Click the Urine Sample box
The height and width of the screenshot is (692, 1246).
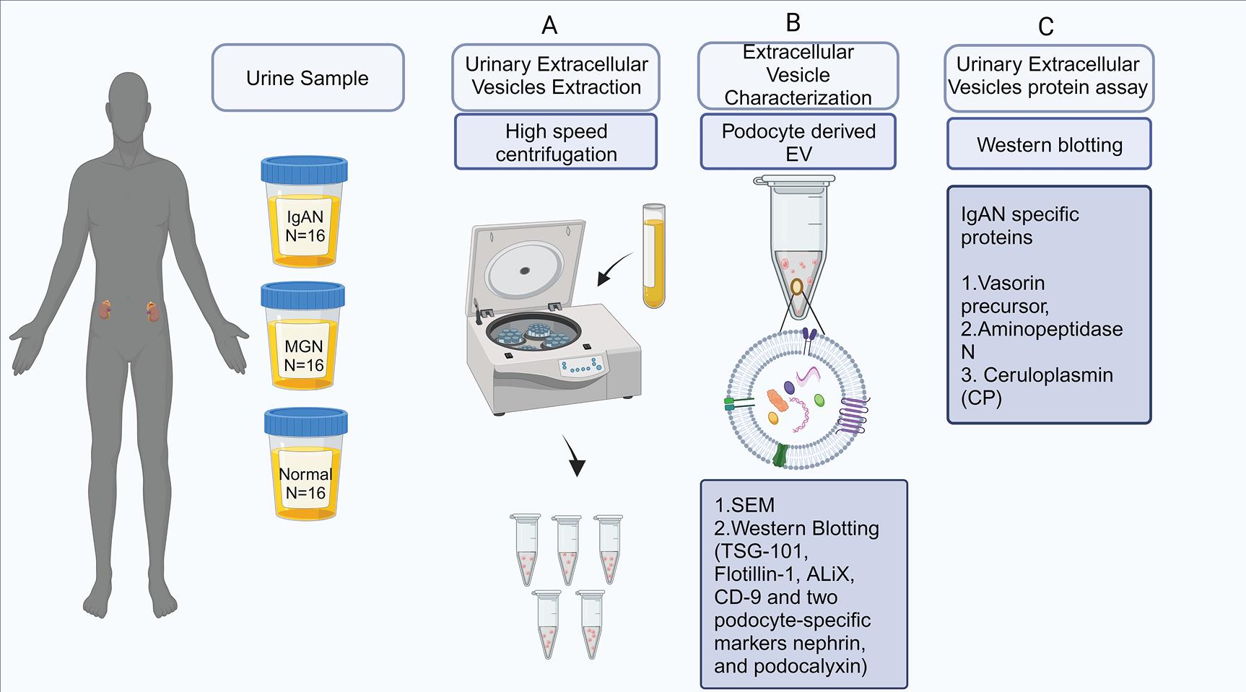pyautogui.click(x=308, y=78)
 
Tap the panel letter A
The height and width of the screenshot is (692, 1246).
pyautogui.click(x=549, y=26)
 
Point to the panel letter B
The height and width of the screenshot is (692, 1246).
pyautogui.click(x=793, y=22)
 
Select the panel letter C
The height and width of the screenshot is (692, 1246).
pyautogui.click(x=1045, y=27)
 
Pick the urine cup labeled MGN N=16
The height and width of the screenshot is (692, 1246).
pyautogui.click(x=303, y=339)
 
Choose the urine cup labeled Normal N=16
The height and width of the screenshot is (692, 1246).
pyautogui.click(x=305, y=465)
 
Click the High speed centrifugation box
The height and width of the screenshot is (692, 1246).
pyautogui.click(x=556, y=142)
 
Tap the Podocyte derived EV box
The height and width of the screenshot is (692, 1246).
pyautogui.click(x=798, y=142)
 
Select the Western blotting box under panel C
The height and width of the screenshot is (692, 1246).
pyautogui.click(x=1049, y=144)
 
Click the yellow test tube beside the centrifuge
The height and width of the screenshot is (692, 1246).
pyautogui.click(x=653, y=256)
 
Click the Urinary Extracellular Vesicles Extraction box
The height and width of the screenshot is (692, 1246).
pyautogui.click(x=556, y=76)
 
